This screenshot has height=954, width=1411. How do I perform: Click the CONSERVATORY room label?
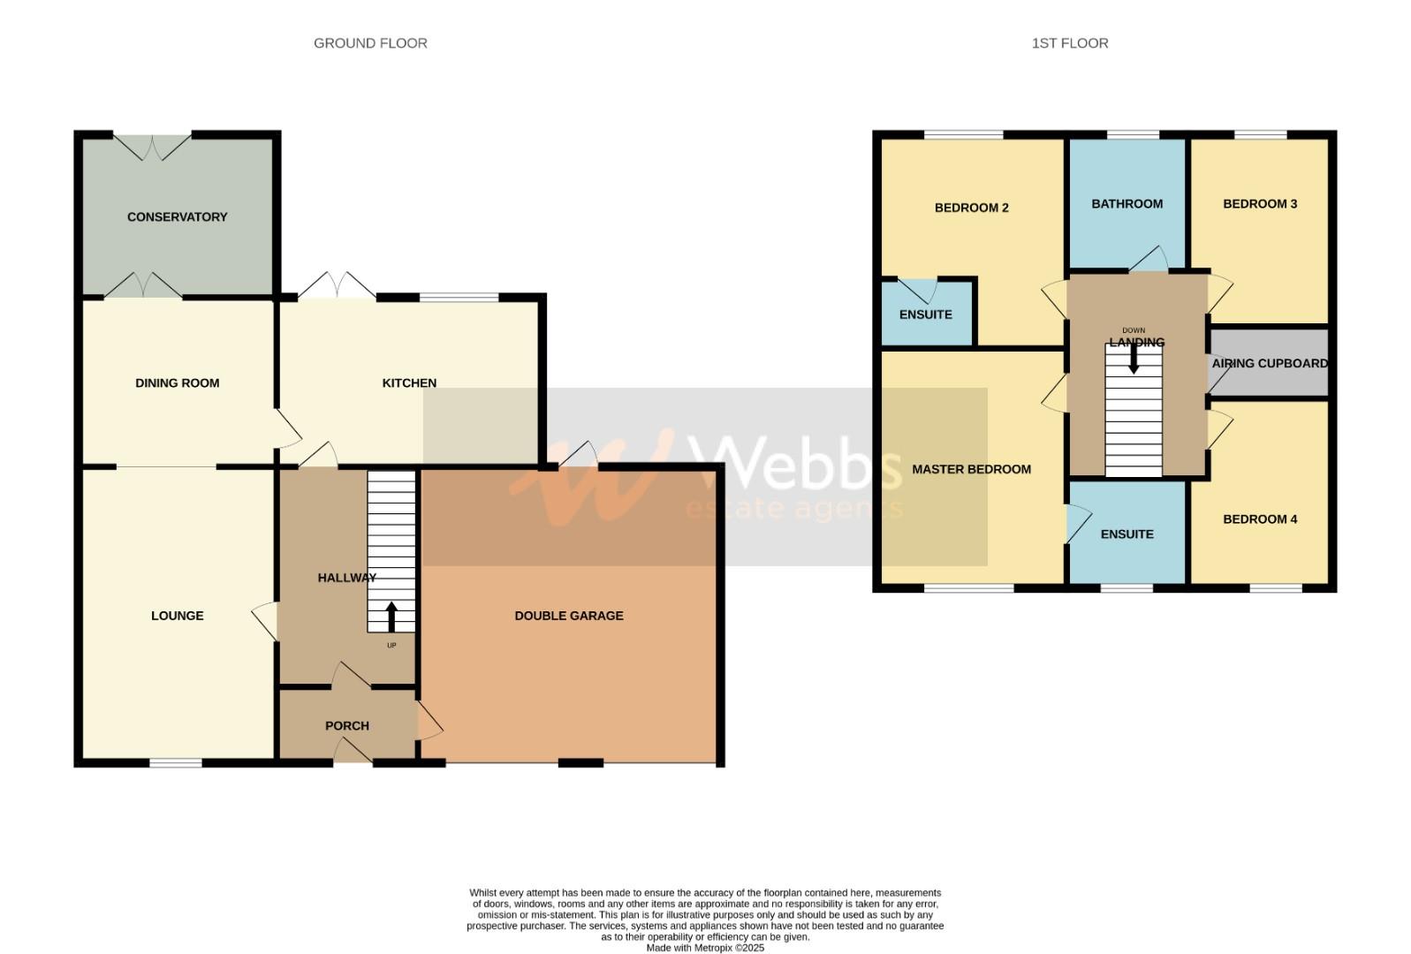[177, 217]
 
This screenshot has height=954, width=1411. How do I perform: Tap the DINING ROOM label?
[177, 383]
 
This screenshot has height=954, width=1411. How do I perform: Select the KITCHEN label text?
[409, 383]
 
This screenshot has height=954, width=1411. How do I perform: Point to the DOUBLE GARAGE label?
[569, 616]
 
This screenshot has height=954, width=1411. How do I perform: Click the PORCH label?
[347, 726]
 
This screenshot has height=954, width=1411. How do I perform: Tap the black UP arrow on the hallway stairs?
[391, 616]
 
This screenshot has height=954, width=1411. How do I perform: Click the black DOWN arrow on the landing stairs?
[1134, 358]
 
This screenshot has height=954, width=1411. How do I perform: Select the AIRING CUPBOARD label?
[1269, 364]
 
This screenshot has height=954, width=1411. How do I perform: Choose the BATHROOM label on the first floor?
[1127, 204]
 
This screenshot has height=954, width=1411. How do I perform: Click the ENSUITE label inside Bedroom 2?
[925, 314]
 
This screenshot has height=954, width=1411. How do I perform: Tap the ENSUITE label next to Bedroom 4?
[1127, 534]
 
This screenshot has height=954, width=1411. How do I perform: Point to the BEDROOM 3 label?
[1260, 204]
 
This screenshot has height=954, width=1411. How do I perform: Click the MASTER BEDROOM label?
[971, 470]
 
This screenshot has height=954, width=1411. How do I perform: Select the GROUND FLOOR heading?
[370, 43]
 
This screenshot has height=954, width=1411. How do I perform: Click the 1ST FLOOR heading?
[1069, 43]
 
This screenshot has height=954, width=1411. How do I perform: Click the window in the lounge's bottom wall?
[176, 761]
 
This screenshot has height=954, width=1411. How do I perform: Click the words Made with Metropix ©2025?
[705, 948]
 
